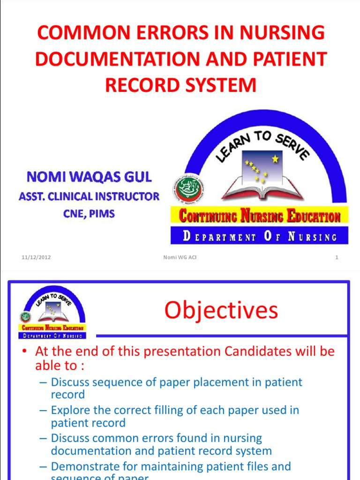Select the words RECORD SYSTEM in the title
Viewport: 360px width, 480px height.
180,86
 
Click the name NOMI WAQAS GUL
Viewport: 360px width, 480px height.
89,177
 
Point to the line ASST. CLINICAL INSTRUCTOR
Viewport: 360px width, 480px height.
89,196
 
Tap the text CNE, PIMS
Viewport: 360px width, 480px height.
89,214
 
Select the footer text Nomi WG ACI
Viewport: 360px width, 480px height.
180,257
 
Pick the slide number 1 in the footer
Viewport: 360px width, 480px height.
337,257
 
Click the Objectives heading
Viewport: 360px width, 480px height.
221,310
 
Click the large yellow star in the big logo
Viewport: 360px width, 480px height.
275,159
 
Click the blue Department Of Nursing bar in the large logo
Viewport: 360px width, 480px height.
259,236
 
